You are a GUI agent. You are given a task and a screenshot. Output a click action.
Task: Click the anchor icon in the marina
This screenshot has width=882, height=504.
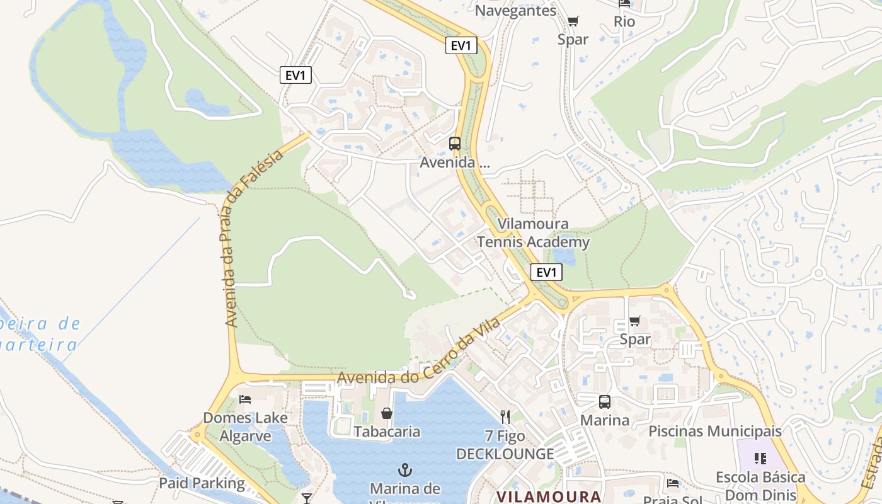click(405, 470)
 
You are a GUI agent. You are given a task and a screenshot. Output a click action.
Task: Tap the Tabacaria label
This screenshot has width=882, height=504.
click(386, 432)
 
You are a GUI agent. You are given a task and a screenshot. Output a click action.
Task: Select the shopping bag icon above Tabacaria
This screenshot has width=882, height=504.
click(387, 413)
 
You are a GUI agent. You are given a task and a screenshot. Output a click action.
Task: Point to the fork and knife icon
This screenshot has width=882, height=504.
click(505, 416)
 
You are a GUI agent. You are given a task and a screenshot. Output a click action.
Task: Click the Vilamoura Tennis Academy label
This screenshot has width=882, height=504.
click(533, 233)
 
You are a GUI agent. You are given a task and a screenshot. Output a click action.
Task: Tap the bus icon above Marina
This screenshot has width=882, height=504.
click(605, 402)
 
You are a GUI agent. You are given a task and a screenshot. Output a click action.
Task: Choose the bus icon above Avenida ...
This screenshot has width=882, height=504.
click(455, 144)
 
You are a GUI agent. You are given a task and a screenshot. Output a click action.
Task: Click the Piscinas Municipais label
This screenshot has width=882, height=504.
click(715, 432)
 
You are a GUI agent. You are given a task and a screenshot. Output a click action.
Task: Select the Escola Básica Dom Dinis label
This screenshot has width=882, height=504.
click(760, 484)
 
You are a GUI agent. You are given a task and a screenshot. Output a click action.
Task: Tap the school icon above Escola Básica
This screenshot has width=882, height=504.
click(760, 459)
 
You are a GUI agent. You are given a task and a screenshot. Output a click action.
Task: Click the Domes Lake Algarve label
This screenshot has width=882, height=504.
click(245, 427)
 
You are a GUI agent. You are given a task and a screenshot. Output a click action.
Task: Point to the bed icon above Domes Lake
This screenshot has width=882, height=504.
click(245, 399)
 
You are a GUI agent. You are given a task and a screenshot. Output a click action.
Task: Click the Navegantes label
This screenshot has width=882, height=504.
click(515, 11)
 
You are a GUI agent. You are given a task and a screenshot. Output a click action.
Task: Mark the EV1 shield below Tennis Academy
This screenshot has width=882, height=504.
click(546, 272)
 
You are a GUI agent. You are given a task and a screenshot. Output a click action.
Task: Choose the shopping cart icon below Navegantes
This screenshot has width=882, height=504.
click(573, 22)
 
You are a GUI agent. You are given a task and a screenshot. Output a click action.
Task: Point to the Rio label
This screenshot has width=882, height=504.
click(624, 22)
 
